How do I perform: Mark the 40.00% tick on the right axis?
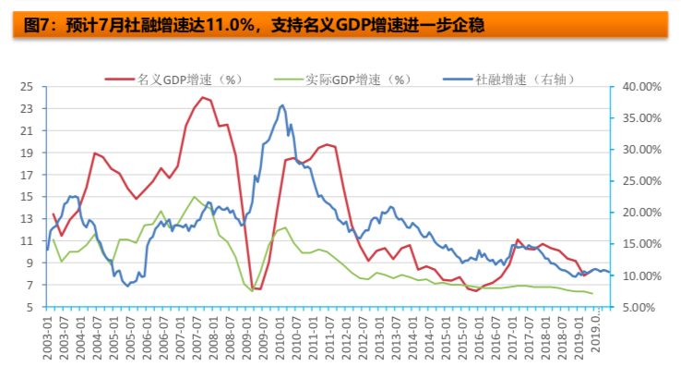coord(638,87)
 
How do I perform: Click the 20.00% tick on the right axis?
coord(638,213)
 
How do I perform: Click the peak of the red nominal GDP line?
coord(202,97)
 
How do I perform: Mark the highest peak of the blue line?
coord(281,105)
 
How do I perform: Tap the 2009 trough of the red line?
coord(257,288)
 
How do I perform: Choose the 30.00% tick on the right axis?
coord(638,150)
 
